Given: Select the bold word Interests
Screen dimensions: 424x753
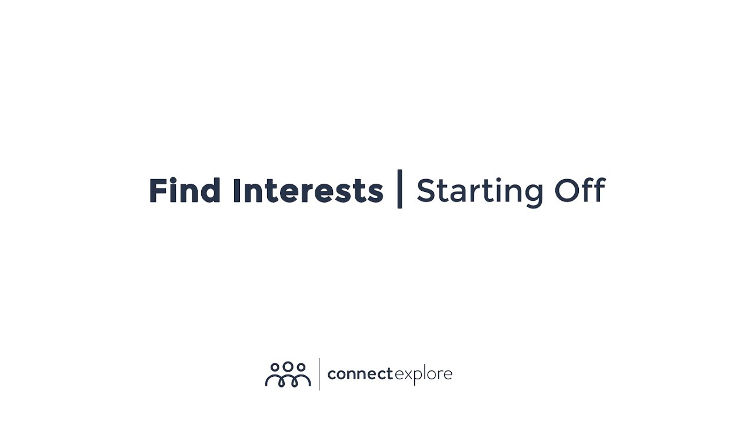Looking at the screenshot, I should pyautogui.click(x=308, y=191).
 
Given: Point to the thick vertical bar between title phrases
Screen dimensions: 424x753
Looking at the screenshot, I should pyautogui.click(x=400, y=189).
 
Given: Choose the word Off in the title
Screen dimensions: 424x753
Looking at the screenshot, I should pyautogui.click(x=579, y=191).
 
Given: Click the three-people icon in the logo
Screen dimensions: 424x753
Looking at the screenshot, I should pyautogui.click(x=288, y=375).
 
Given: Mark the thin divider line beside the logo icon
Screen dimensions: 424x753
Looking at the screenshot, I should pyautogui.click(x=319, y=374).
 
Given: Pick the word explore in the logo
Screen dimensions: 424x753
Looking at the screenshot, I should pyautogui.click(x=423, y=375).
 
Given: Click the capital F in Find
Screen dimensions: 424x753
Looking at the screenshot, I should pyautogui.click(x=156, y=191).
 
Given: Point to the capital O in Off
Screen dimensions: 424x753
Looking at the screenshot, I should pyautogui.click(x=566, y=191).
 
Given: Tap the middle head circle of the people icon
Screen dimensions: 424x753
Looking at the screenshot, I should pyautogui.click(x=288, y=366).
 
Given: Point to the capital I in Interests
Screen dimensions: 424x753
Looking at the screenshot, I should pyautogui.click(x=236, y=191).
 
